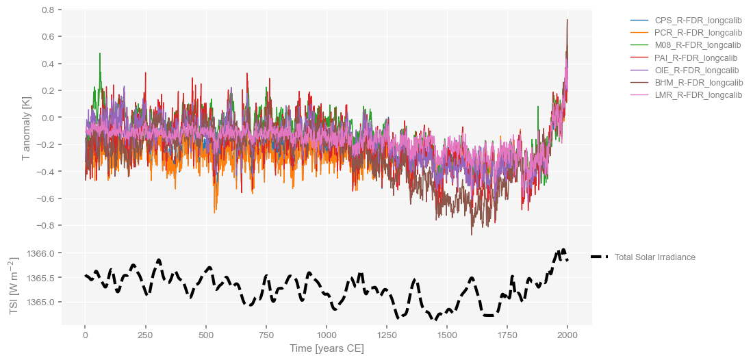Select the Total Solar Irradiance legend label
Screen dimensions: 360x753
coord(654,257)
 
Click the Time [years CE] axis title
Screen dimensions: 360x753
coord(327,348)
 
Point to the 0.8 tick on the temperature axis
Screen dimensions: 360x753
coord(48,10)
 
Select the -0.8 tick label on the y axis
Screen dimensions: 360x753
coord(47,226)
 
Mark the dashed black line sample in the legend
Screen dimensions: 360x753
coord(598,257)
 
